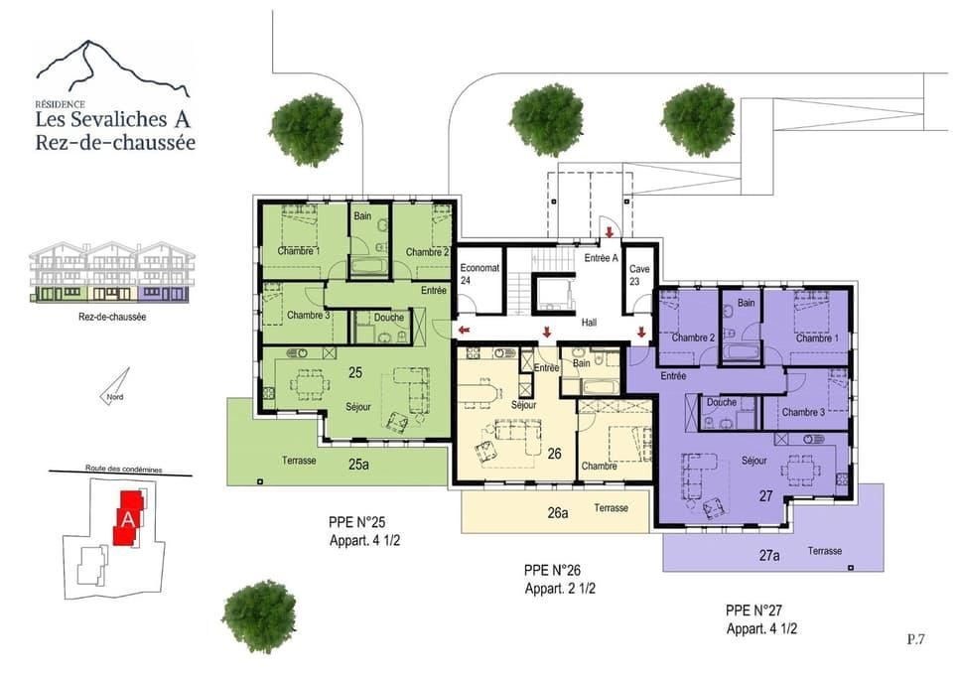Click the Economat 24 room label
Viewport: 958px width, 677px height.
pyautogui.click(x=479, y=274)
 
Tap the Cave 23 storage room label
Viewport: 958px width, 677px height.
pyautogui.click(x=639, y=275)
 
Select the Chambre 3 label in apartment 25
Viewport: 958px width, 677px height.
pyautogui.click(x=309, y=316)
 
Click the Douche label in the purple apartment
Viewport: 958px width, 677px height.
pyautogui.click(x=722, y=403)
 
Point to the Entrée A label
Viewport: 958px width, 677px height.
pyautogui.click(x=601, y=258)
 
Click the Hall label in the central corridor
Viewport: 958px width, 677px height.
pyautogui.click(x=589, y=322)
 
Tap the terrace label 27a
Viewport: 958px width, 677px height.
pyautogui.click(x=769, y=556)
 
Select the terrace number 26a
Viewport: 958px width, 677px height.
pyautogui.click(x=557, y=512)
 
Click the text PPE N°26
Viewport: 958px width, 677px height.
pyautogui.click(x=552, y=570)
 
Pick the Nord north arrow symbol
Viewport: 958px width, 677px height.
pyautogui.click(x=116, y=386)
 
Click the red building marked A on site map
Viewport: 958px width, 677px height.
pyautogui.click(x=129, y=518)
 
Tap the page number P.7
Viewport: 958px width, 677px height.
pyautogui.click(x=916, y=639)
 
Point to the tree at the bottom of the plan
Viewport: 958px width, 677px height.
pyautogui.click(x=259, y=616)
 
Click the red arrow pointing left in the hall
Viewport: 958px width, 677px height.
pyautogui.click(x=465, y=331)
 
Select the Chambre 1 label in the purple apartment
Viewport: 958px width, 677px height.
pyautogui.click(x=817, y=338)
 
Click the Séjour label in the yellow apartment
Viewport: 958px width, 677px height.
pyautogui.click(x=523, y=404)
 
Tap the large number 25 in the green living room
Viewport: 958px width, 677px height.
pyautogui.click(x=355, y=372)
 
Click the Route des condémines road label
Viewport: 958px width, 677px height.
pyautogui.click(x=123, y=470)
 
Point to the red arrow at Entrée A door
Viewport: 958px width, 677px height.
pyautogui.click(x=610, y=232)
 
